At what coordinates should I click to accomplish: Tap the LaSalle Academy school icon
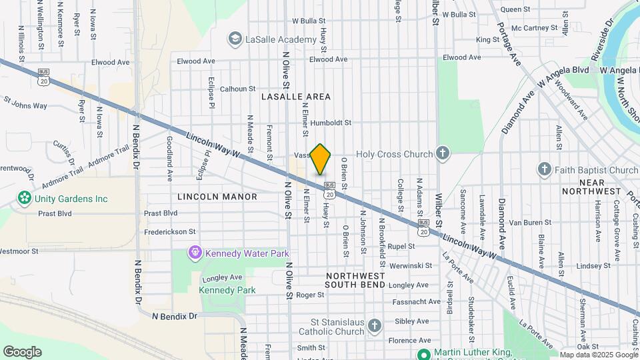tap(234, 40)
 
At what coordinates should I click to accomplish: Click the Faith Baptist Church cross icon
tap(544, 169)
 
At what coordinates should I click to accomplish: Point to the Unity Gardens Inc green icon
tap(25, 198)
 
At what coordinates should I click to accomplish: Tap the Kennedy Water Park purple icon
tap(194, 253)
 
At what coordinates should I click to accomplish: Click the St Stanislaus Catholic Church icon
tap(375, 325)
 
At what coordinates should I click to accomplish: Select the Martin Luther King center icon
tap(423, 353)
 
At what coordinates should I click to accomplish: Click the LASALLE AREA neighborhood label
tap(296, 97)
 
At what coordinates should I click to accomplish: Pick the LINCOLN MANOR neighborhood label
tap(217, 197)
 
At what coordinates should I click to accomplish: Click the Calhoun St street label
tap(238, 88)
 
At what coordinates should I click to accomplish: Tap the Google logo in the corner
tap(22, 352)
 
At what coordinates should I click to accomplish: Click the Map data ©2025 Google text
tap(598, 355)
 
